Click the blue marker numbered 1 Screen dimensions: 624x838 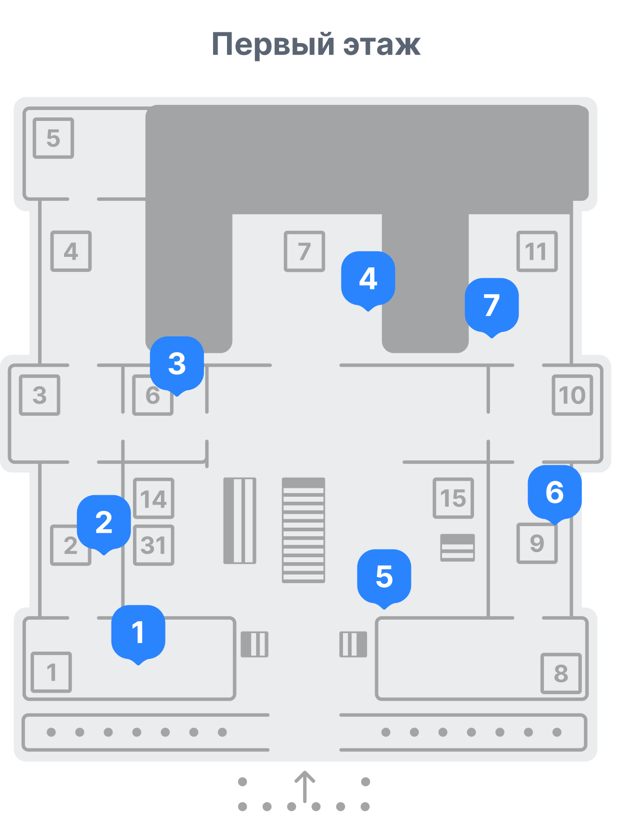138,634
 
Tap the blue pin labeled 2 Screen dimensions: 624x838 103,523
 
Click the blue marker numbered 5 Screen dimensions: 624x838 384,578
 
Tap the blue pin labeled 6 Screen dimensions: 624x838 554,493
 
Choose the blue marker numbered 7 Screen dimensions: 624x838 491,306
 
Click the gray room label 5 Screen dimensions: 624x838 53,138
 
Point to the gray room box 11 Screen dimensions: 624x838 537,251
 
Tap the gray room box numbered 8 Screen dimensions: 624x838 561,673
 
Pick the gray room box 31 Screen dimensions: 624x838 153,545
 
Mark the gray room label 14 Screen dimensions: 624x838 153,498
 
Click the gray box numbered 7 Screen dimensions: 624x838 304,251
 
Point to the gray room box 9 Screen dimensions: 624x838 537,543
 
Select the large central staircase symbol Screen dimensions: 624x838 303,530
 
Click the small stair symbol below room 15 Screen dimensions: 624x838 457,548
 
